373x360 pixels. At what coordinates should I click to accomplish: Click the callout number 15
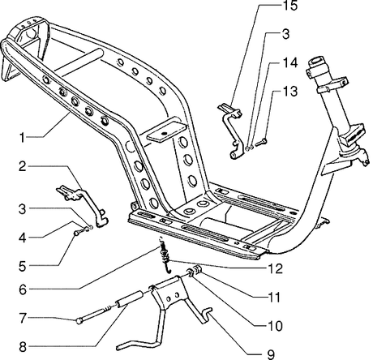coord(289,6)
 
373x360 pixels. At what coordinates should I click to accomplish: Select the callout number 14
coord(290,62)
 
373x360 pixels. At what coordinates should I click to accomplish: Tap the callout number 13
coord(290,92)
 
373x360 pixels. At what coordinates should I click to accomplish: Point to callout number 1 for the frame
coord(22,138)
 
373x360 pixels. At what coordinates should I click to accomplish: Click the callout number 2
coord(23,166)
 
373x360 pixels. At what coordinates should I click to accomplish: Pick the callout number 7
coord(23,318)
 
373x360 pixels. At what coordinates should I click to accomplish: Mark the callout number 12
coord(275,268)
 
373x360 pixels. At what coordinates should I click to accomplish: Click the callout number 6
coord(23,289)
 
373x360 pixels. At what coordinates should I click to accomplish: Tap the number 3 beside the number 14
coord(285,34)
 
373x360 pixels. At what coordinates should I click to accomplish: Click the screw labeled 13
coord(261,141)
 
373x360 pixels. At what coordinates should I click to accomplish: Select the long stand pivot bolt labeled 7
coord(95,314)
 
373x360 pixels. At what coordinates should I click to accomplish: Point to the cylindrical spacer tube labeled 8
coord(129,298)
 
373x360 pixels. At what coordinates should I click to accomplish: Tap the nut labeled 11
coord(199,270)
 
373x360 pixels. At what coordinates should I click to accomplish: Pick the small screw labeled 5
coord(79,232)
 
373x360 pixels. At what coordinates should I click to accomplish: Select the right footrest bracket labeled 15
coord(231,130)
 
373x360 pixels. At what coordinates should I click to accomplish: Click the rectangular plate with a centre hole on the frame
coord(165,131)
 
